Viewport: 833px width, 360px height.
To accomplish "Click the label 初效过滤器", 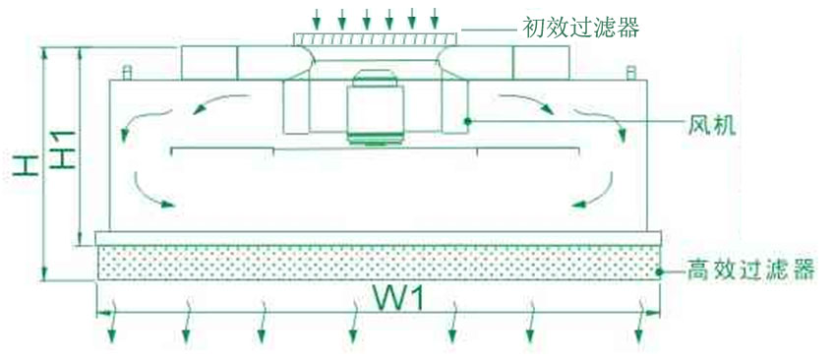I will coord(580,28).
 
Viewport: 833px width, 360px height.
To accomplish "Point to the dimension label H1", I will coord(62,147).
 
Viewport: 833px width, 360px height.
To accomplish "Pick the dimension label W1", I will coord(398,297).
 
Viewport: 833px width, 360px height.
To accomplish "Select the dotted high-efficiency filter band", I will coord(378,263).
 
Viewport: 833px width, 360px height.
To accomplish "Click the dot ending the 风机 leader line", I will coord(469,121).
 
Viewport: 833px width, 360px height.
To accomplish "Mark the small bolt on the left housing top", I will coord(126,72).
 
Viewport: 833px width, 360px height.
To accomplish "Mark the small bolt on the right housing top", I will coord(628,72).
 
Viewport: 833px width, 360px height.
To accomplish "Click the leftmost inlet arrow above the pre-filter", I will coord(317,18).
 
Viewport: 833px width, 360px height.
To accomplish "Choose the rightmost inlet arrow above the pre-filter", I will coord(434,18).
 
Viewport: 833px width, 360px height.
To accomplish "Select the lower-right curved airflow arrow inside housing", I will coord(593,191).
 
